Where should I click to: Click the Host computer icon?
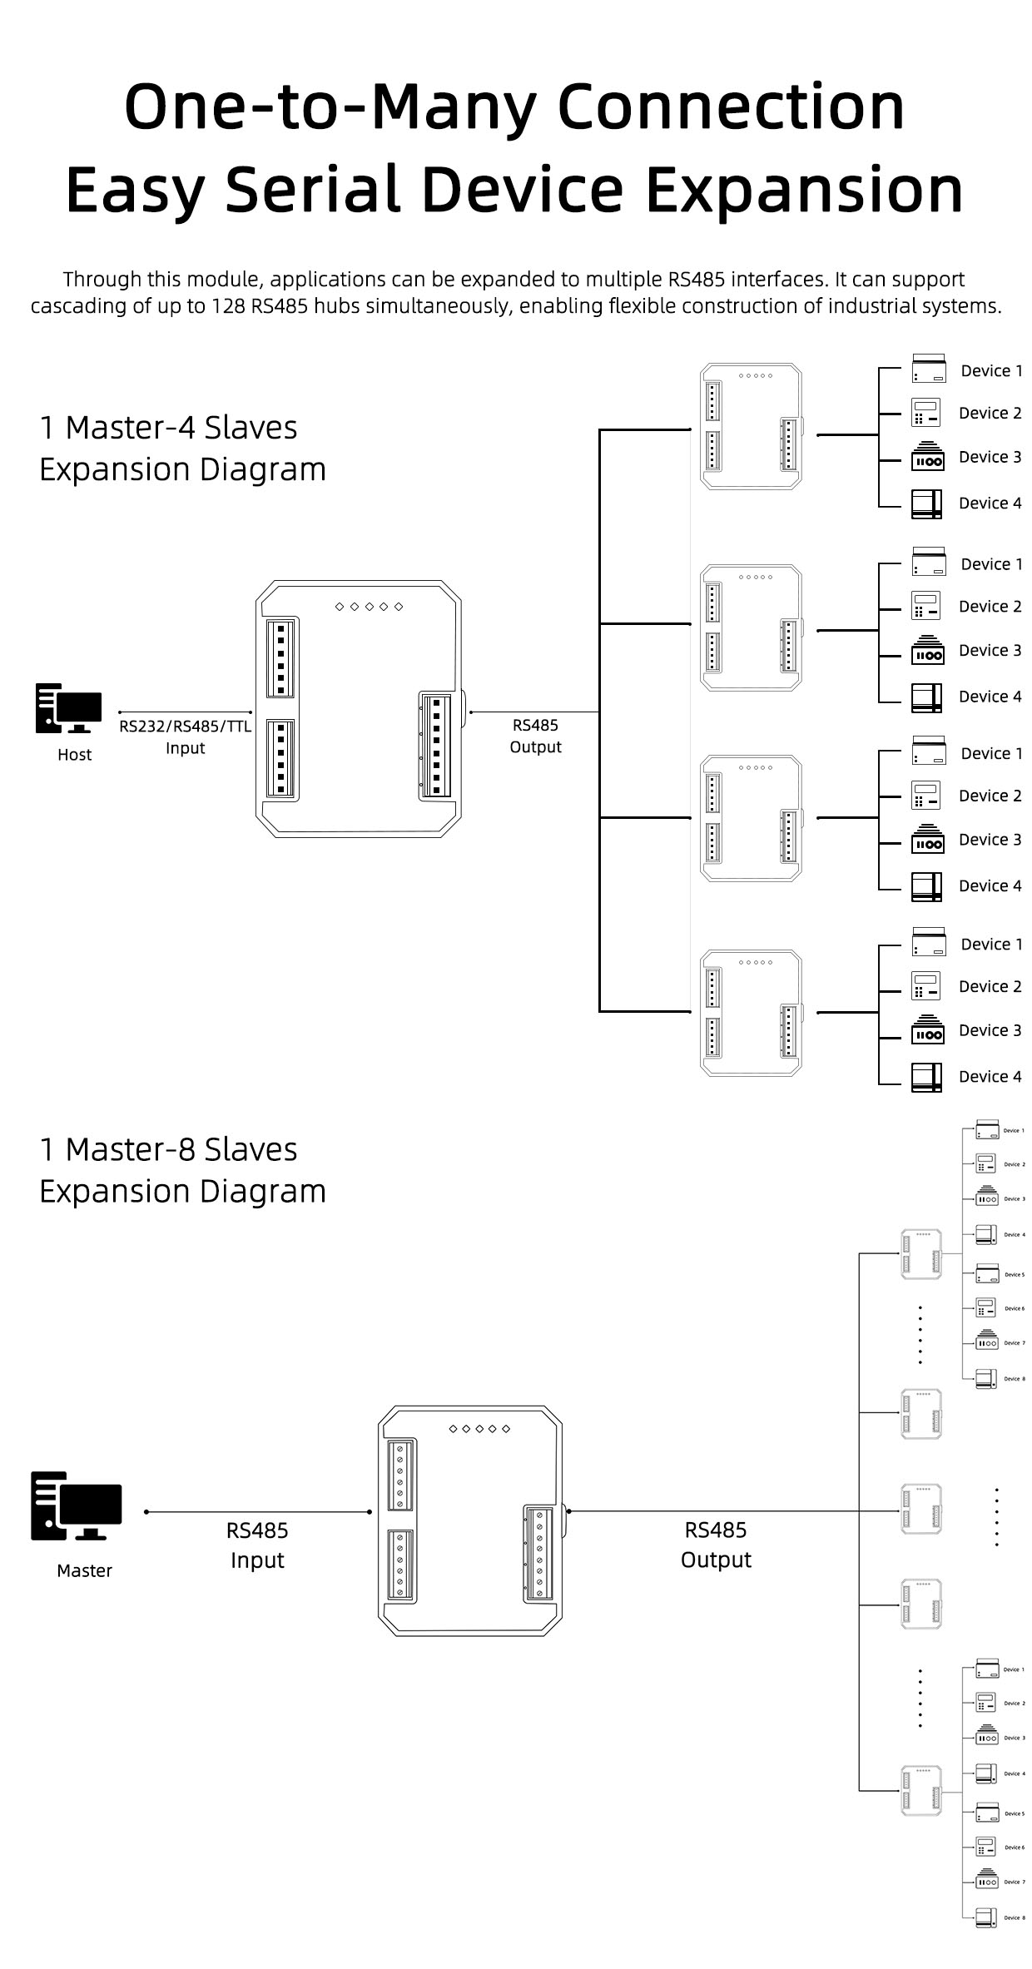click(x=68, y=708)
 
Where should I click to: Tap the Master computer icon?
click(x=76, y=1505)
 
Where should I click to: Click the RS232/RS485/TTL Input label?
click(x=185, y=737)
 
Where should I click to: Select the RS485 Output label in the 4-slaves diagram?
click(x=535, y=736)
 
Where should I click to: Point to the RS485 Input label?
click(x=257, y=1545)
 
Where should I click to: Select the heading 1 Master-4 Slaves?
click(x=168, y=428)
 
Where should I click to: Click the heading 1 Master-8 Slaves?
click(x=168, y=1149)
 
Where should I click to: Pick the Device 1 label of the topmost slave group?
click(x=991, y=371)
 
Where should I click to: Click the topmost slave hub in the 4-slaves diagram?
click(x=752, y=426)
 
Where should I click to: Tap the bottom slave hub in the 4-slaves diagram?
click(x=752, y=1012)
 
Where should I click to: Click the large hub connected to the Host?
click(x=358, y=709)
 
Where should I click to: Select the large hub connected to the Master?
click(x=470, y=1520)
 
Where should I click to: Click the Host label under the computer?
click(x=74, y=755)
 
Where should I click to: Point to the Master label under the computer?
click(x=84, y=1570)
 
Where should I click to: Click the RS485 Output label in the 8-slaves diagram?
click(x=716, y=1545)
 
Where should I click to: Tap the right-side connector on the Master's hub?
click(x=539, y=1553)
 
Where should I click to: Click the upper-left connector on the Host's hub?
click(x=281, y=657)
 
